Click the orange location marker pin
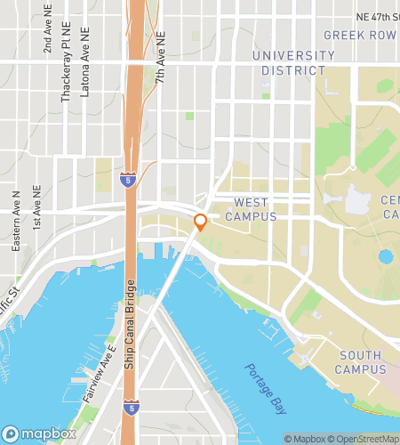(x=201, y=222)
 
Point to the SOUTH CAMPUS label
(x=361, y=361)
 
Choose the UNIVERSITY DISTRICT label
(x=292, y=62)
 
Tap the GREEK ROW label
(x=359, y=36)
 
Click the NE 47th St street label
(x=377, y=17)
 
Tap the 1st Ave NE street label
(x=36, y=207)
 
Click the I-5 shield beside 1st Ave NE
(x=128, y=182)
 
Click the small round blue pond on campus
(x=386, y=257)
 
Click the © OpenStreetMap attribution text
(x=365, y=439)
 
